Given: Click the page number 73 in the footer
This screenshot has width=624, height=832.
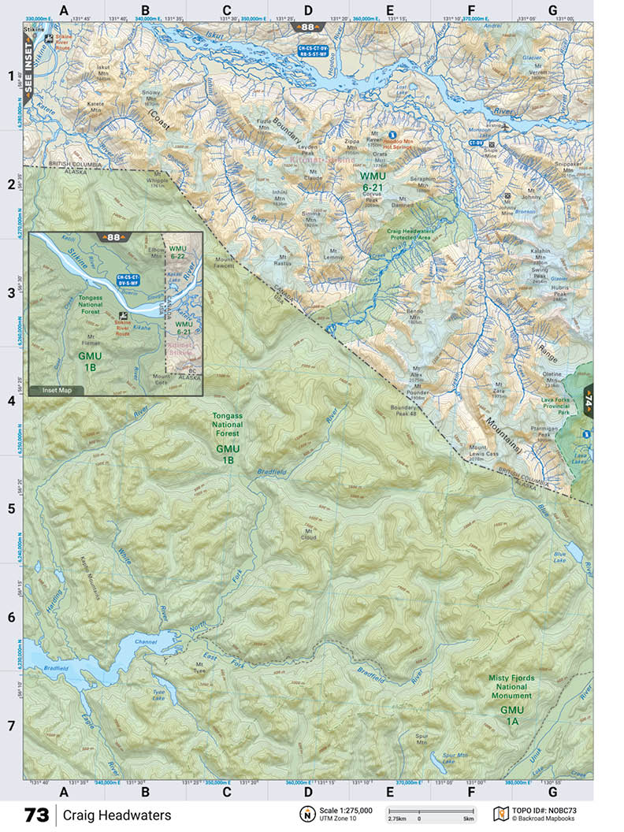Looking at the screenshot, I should point(37,815).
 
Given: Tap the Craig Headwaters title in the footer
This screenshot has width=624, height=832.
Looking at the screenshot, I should point(117,815).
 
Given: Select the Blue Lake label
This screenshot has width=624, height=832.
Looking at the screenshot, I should point(559,556).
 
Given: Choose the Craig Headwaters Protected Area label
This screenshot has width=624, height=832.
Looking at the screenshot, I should point(419,234).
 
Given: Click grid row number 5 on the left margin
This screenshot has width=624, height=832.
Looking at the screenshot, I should point(10,508).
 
